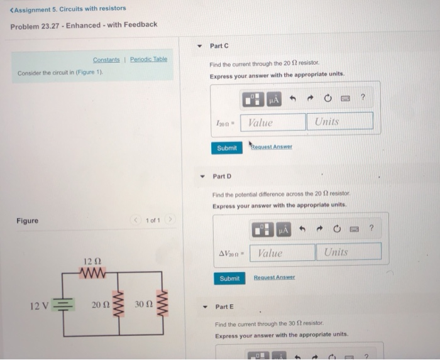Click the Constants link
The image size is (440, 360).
tap(106, 60)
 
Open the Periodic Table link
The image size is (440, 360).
tap(148, 59)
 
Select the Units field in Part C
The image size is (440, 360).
tap(339, 121)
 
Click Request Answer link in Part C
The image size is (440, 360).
tap(271, 147)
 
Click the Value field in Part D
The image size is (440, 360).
tap(282, 253)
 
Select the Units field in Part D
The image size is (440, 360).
tap(348, 252)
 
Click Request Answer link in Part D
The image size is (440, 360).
tap(274, 278)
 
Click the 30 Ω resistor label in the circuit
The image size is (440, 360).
tap(144, 305)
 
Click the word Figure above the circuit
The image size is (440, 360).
tap(27, 221)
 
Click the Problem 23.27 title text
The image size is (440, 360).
tap(84, 25)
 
